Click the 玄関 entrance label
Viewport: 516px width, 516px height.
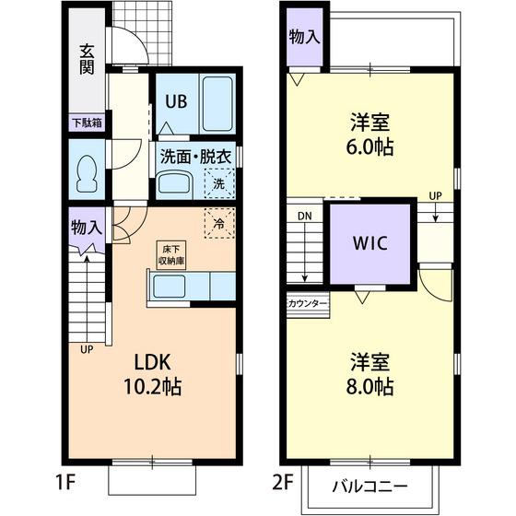88,60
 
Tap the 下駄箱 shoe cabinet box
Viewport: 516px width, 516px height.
88,123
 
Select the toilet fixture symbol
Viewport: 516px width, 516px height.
87,174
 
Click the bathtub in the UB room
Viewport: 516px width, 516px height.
217,103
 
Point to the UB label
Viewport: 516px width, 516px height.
176,101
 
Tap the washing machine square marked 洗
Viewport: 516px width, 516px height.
219,183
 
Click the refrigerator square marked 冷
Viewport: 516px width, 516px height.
219,223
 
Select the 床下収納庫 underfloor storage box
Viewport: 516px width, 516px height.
171,255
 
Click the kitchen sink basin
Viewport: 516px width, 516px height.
170,287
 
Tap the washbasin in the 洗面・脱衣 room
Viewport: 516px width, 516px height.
174,183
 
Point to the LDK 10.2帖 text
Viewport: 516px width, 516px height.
152,374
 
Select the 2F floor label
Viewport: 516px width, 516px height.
283,483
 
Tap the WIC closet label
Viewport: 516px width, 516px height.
370,243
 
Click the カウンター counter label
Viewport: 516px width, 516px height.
308,303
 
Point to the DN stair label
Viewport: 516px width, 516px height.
305,217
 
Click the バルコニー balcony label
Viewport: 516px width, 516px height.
369,486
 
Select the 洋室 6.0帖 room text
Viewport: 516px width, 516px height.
369,134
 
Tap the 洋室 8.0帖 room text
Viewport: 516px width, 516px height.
369,374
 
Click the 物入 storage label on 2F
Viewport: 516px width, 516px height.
305,36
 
